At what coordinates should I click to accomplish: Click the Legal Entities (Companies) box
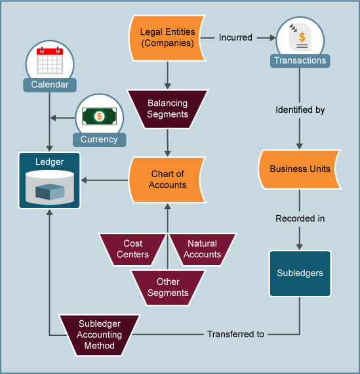click(x=168, y=37)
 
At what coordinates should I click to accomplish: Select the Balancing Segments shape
click(x=168, y=108)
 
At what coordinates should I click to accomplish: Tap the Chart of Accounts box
click(x=168, y=180)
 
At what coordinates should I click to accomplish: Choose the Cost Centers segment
click(x=132, y=249)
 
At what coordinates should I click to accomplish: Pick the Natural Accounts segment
click(x=203, y=249)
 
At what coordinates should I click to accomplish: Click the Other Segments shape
click(x=168, y=287)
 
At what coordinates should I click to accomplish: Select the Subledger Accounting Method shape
click(x=99, y=334)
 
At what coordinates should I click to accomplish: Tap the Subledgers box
click(x=300, y=273)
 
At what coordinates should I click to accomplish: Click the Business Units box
click(x=300, y=169)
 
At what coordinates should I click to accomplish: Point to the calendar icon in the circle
click(x=50, y=62)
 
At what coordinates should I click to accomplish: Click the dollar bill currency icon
click(x=99, y=116)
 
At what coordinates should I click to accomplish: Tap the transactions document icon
click(x=300, y=37)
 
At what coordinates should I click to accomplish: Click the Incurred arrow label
click(x=235, y=37)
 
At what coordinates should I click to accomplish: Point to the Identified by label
click(x=300, y=110)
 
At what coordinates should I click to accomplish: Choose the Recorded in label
click(x=300, y=218)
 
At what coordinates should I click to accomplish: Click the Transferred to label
click(x=235, y=334)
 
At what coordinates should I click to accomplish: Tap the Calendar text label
click(x=50, y=85)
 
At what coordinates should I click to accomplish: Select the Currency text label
click(x=99, y=139)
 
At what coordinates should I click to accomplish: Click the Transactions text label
click(x=300, y=60)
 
